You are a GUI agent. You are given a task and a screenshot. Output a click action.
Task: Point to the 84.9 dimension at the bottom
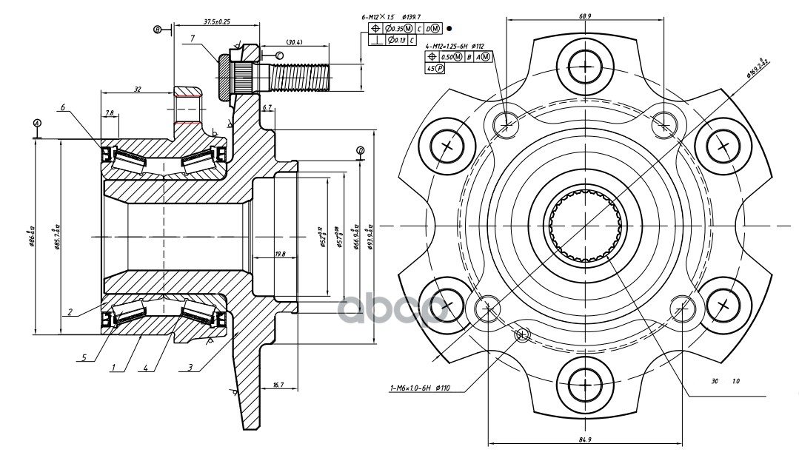coord(584,441)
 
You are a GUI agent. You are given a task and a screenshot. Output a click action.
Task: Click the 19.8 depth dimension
coord(279,255)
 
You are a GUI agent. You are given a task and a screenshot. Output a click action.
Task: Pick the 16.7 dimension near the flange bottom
coord(278,385)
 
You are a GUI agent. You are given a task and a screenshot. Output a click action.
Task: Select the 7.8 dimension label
coord(110,113)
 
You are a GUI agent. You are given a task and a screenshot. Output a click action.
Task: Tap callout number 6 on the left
coord(64,107)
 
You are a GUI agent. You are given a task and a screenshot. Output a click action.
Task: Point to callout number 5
coord(84,357)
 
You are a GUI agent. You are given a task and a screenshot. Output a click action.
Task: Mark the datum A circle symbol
coord(37,122)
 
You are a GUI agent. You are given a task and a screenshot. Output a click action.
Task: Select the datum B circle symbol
coord(157,29)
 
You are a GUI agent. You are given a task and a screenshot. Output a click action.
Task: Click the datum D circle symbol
coord(360,151)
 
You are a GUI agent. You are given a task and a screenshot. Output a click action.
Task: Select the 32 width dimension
coord(137,88)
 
